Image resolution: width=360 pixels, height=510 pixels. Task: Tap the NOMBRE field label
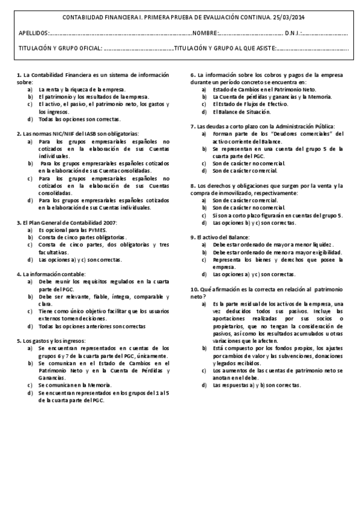204,32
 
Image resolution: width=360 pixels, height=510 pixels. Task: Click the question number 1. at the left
19,75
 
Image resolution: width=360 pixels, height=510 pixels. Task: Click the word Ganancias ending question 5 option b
52,377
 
